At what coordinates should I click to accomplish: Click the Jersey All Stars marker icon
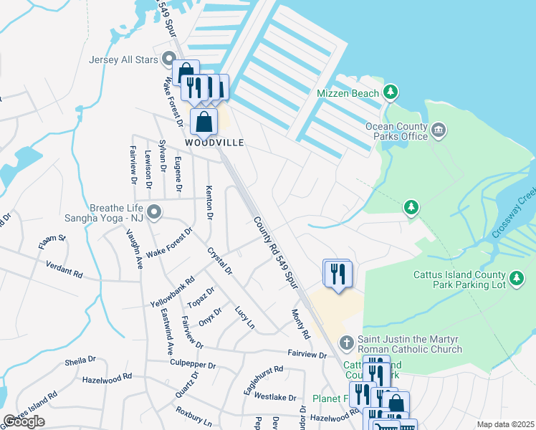[x=170, y=59]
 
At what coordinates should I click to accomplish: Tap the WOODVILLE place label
[x=215, y=143]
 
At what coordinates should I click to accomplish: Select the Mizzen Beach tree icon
[x=390, y=92]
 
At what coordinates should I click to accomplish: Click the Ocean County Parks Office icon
[x=439, y=130]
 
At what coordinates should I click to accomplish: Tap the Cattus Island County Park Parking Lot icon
[x=516, y=279]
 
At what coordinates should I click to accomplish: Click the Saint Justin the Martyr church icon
[x=346, y=342]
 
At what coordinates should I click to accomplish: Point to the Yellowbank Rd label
[x=172, y=292]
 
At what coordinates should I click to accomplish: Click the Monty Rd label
[x=301, y=324]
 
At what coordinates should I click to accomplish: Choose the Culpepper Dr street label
[x=193, y=364]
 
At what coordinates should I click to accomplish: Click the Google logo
[x=24, y=421]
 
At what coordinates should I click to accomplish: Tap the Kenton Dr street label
[x=209, y=204]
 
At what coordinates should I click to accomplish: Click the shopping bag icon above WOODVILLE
[x=204, y=122]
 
